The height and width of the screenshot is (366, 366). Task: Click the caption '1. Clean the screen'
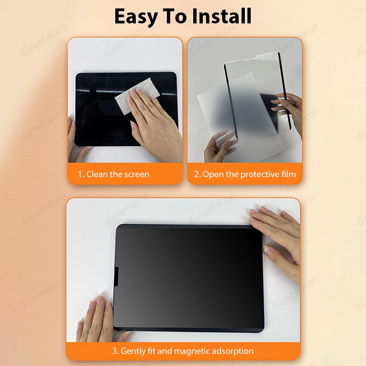click(113, 174)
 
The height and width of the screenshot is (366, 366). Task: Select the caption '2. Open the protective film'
click(245, 174)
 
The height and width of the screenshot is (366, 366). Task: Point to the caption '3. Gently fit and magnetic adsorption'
click(183, 351)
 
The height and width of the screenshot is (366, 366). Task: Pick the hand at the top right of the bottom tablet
click(276, 231)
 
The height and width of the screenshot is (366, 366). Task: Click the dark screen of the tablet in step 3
click(188, 278)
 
